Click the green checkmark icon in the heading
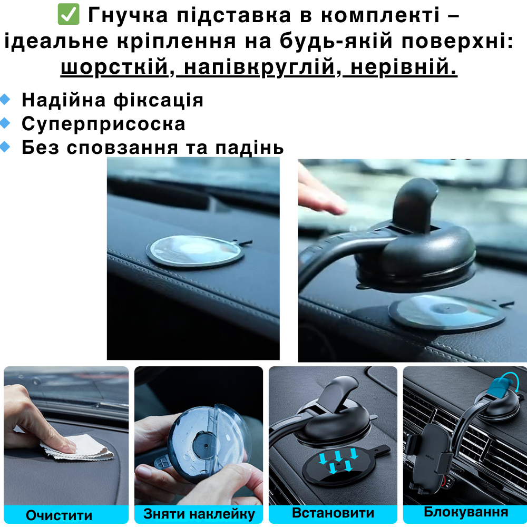pos(69,14)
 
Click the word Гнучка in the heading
pos(128,15)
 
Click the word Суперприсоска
pos(103,124)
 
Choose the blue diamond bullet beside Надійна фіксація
pos(5,100)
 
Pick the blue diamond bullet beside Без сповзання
pos(5,147)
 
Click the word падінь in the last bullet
pos(249,148)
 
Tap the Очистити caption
pos(59,515)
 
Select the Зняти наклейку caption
pos(199,514)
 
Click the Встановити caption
pos(333,513)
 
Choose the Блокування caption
pos(466,512)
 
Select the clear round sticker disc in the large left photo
pos(196,251)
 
